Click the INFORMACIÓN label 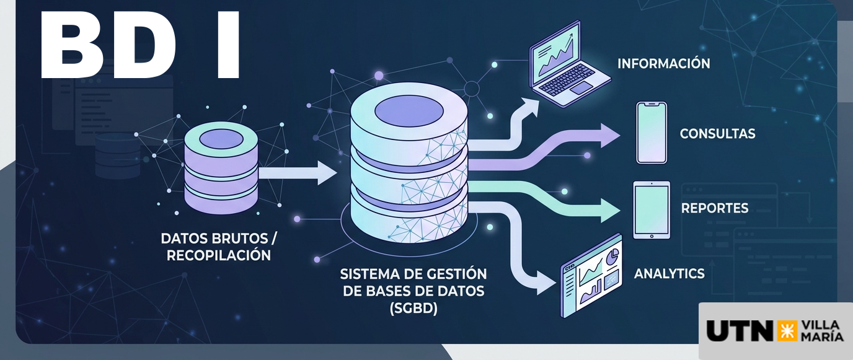(x=664, y=64)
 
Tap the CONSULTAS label (x=717, y=134)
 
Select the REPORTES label (x=715, y=208)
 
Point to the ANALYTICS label (x=669, y=274)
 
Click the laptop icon (x=569, y=64)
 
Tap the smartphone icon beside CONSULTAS (x=652, y=133)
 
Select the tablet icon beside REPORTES (x=652, y=210)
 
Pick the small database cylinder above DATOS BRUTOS (x=221, y=167)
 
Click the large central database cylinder (x=409, y=163)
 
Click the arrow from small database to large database (x=298, y=173)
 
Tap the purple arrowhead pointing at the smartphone (x=610, y=135)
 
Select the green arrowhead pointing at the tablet (x=610, y=210)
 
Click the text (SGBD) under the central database (x=413, y=308)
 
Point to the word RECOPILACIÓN (x=219, y=255)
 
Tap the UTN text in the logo (x=740, y=331)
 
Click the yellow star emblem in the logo (x=786, y=331)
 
